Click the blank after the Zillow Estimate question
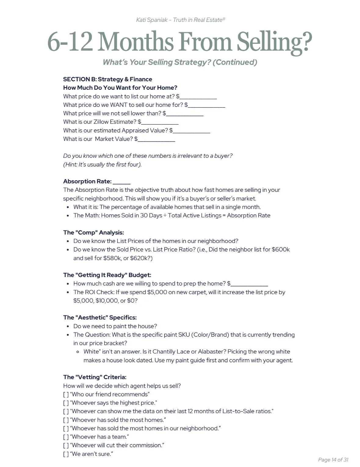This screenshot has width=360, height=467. pyautogui.click(x=160, y=122)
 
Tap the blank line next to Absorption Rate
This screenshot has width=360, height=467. pyautogui.click(x=121, y=182)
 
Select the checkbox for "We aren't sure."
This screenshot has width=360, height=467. pyautogui.click(x=66, y=454)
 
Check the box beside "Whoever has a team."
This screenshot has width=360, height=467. pyautogui.click(x=66, y=437)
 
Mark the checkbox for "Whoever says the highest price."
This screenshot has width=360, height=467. pyautogui.click(x=66, y=403)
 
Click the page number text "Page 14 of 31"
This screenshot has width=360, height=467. pyautogui.click(x=333, y=460)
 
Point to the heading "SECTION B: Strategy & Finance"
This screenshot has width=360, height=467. pyautogui.click(x=107, y=79)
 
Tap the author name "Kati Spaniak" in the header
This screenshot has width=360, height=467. pyautogui.click(x=152, y=20)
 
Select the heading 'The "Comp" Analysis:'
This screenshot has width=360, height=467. pyautogui.click(x=93, y=233)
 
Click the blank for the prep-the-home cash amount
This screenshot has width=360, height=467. pyautogui.click(x=249, y=284)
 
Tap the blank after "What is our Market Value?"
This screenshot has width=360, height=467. pyautogui.click(x=157, y=139)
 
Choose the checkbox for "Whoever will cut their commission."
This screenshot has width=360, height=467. pyautogui.click(x=66, y=445)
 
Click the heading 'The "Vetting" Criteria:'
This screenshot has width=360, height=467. pyautogui.click(x=95, y=377)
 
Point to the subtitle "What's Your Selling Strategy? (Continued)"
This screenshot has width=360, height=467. pyautogui.click(x=180, y=62)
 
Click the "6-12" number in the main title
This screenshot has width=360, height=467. pyautogui.click(x=70, y=42)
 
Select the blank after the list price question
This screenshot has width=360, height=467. pyautogui.click(x=198, y=97)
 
